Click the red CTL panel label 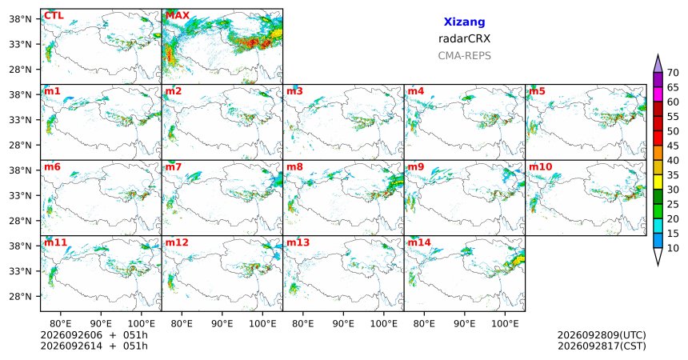[54, 16]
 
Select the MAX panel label [178, 16]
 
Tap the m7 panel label [174, 167]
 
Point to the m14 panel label [419, 242]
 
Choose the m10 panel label [540, 167]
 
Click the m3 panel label [294, 92]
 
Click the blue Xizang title [464, 22]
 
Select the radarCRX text [464, 38]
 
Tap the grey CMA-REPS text [464, 56]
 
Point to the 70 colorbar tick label [673, 73]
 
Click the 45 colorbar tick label [673, 146]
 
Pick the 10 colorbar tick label [673, 248]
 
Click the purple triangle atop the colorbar [658, 64]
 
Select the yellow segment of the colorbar [658, 182]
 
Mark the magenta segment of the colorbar [658, 94]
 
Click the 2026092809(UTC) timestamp [602, 335]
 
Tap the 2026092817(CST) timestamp [602, 346]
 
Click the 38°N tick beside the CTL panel [21, 19]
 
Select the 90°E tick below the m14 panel [464, 324]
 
